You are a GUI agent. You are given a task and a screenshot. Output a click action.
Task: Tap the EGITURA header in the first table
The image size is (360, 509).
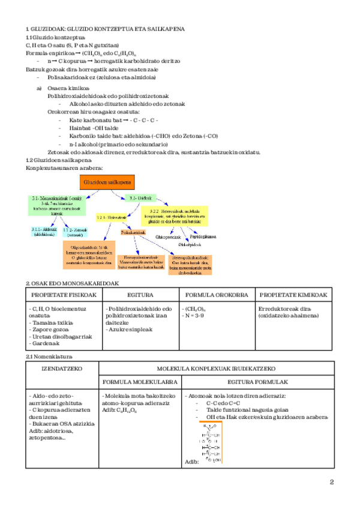click(140, 295)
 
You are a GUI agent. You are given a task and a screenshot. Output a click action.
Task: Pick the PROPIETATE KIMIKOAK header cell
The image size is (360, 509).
click(293, 295)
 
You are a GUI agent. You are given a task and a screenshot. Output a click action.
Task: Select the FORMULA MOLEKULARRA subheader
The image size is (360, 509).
click(140, 382)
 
